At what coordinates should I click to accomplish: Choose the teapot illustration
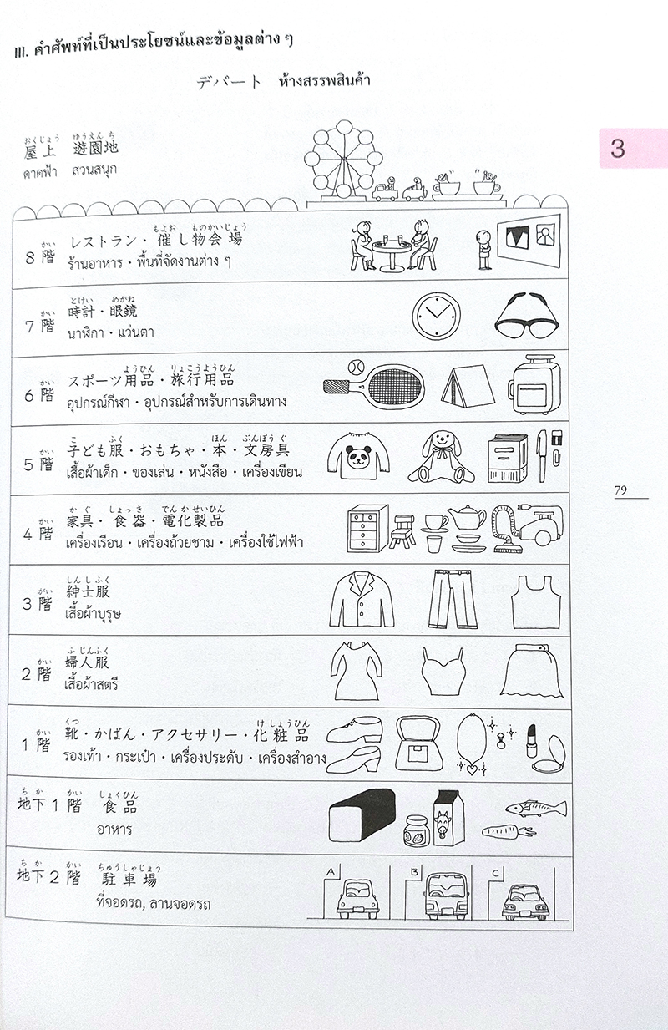point(466,516)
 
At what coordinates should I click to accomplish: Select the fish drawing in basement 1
point(534,807)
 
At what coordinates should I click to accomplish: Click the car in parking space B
point(443,896)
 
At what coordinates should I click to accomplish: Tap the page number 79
point(620,490)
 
